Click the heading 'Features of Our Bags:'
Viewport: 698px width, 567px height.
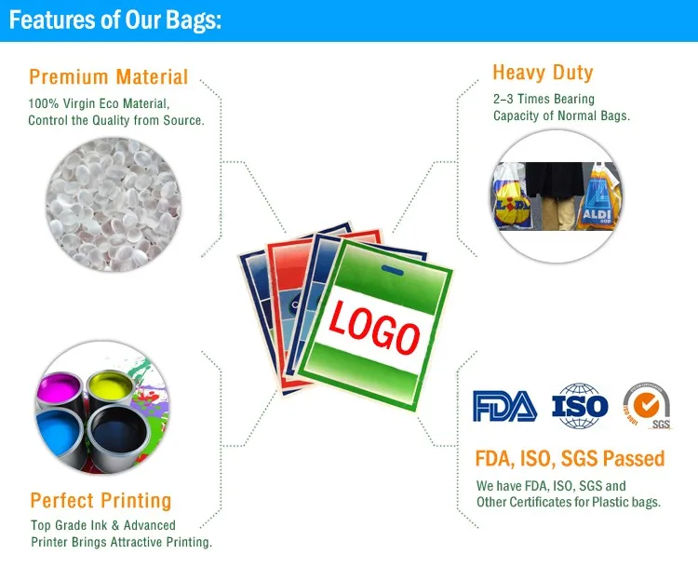115,20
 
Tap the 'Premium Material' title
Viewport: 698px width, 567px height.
109,76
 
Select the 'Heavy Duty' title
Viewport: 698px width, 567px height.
543,73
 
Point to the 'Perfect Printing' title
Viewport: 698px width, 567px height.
101,500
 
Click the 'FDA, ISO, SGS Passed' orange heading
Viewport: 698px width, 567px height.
570,458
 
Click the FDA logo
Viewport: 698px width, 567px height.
504,406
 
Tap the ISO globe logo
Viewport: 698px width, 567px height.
580,406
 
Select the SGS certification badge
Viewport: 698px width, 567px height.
647,405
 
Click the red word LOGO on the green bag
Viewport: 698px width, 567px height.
374,328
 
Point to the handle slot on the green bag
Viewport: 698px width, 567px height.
392,270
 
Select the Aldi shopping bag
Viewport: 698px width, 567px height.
597,197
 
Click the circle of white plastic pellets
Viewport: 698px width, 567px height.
114,204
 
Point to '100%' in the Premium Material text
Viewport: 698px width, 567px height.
43,103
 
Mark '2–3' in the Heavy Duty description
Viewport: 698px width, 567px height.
503,99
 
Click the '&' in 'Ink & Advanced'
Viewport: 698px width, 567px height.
115,526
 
